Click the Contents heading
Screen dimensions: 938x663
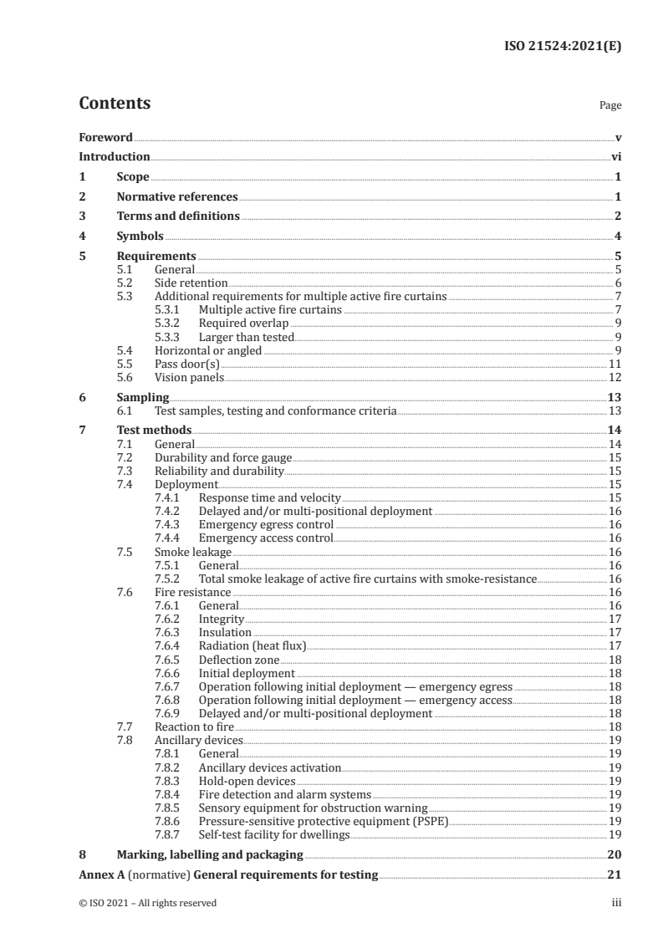[115, 104]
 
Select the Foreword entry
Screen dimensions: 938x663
[106, 137]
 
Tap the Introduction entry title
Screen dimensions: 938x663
[115, 156]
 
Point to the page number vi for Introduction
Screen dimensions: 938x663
[616, 156]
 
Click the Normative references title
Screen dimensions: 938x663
[177, 196]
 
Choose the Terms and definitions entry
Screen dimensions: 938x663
[178, 217]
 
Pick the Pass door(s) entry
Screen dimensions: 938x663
[187, 364]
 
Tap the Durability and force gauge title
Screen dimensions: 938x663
[224, 457]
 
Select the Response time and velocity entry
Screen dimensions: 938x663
[264, 497]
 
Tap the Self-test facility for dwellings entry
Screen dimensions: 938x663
[273, 834]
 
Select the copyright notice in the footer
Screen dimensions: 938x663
[148, 903]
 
